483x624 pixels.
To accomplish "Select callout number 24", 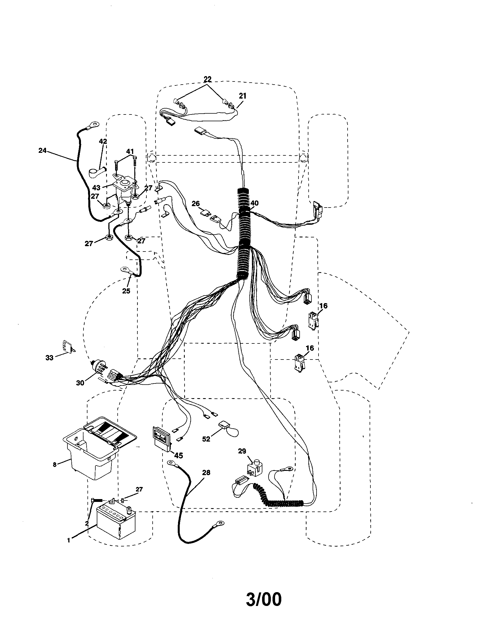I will (42, 150).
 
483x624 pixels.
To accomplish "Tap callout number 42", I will (103, 141).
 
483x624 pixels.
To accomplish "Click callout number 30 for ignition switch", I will (80, 383).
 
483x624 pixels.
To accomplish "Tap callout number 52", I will (206, 439).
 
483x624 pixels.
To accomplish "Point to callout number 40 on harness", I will (254, 203).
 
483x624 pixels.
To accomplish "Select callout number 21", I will (242, 96).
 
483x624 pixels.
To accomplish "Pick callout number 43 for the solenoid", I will (96, 188).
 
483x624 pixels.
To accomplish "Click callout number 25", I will (126, 291).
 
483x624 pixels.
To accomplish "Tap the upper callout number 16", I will (323, 306).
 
